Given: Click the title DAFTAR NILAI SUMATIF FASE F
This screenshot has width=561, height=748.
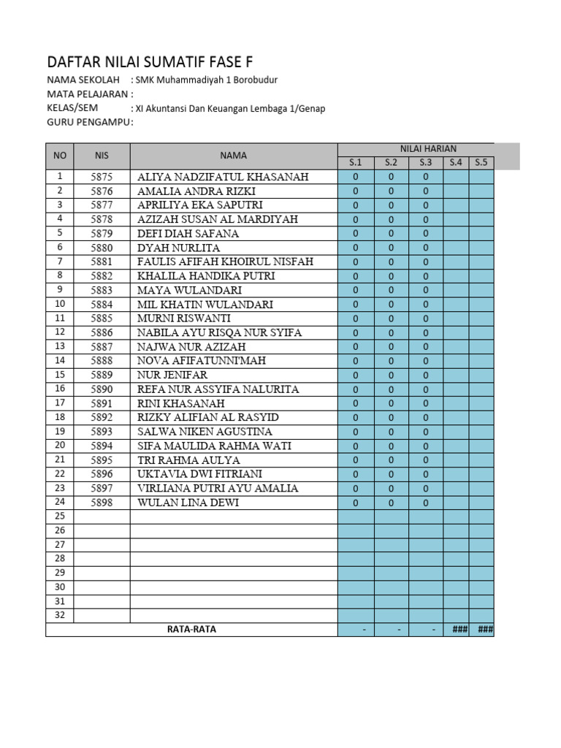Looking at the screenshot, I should click(150, 61).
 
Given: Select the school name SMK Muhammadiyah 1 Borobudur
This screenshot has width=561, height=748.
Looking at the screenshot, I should click(206, 80).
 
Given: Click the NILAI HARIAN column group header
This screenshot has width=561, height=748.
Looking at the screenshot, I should click(416, 149).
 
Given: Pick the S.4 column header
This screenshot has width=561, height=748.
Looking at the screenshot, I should click(456, 163).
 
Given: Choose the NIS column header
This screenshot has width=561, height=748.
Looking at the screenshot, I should click(102, 156).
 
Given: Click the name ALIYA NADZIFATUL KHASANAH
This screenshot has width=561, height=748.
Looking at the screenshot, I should click(223, 177).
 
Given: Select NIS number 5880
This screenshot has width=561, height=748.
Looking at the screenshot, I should click(102, 248).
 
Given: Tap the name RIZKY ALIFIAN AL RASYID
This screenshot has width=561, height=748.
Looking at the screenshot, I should click(208, 417).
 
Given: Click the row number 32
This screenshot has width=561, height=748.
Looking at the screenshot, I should click(60, 615).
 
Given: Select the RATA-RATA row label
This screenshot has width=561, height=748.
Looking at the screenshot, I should click(191, 630).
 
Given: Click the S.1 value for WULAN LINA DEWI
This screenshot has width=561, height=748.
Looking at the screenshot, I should click(356, 503).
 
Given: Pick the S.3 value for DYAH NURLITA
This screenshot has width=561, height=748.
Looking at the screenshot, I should click(425, 248).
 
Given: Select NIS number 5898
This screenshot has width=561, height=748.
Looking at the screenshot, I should click(102, 503).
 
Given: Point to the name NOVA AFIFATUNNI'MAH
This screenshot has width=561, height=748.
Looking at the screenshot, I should click(202, 361).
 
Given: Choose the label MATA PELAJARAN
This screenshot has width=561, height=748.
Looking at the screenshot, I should click(90, 94).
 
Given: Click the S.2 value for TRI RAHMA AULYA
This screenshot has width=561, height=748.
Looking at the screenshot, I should click(391, 459).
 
